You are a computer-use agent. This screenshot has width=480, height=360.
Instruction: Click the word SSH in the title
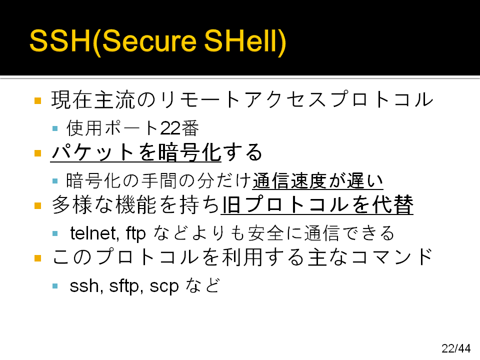60,41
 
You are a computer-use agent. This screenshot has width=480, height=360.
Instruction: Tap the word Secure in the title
149,41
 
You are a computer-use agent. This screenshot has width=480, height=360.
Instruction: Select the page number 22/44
456,348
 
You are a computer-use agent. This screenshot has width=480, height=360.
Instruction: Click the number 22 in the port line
170,128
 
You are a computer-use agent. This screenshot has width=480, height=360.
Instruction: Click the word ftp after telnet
135,234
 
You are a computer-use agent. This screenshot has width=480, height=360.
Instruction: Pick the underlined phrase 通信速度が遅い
318,180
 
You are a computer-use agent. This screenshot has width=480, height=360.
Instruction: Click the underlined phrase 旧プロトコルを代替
317,205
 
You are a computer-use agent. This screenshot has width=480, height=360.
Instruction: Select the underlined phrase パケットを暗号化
136,152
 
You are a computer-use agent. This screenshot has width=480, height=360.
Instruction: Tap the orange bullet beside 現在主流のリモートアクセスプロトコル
37,100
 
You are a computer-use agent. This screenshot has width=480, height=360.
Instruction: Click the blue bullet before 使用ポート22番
55,128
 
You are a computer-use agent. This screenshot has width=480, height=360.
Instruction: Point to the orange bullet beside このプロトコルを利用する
37,258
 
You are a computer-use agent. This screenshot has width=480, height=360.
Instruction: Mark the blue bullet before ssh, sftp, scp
55,286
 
